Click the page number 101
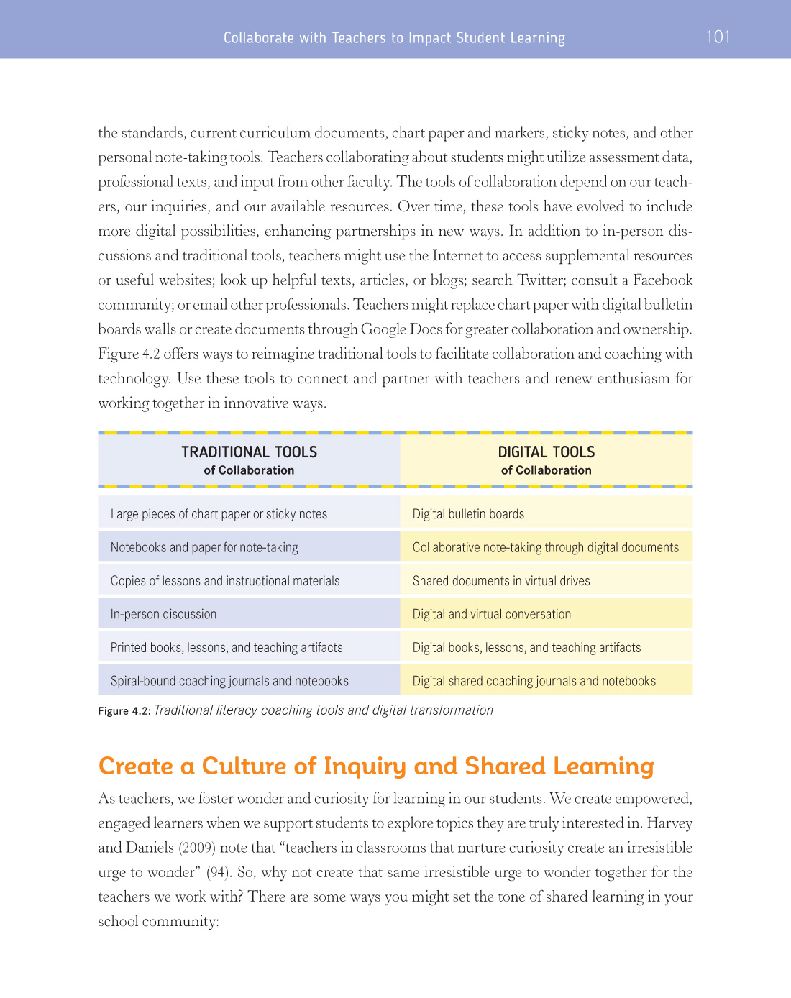[718, 37]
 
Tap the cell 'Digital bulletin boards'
[468, 514]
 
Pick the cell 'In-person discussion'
[163, 614]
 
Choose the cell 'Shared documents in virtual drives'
[501, 581]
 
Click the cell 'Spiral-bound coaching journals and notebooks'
[229, 681]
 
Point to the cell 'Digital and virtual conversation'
[492, 614]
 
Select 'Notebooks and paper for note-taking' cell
[204, 547]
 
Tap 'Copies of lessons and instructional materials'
[225, 581]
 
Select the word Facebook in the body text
[662, 280]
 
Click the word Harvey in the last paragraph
[669, 823]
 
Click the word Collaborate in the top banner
[258, 37]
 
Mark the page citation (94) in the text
[218, 872]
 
